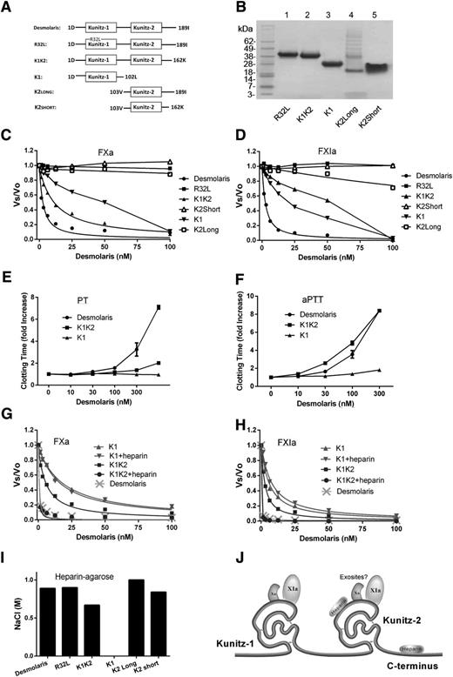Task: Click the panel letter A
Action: [9, 8]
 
